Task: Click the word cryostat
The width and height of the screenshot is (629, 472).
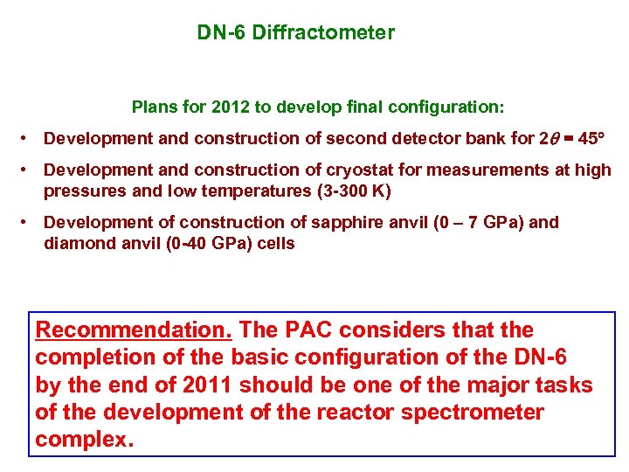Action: [x=376, y=170]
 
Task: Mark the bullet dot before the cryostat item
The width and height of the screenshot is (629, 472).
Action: [x=28, y=170]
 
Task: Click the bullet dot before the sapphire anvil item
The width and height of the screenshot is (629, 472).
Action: [x=28, y=222]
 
